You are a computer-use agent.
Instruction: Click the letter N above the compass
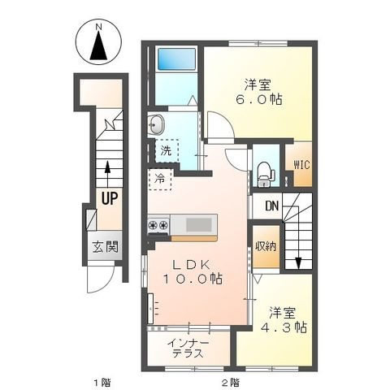[99, 27]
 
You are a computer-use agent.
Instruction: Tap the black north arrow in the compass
[99, 45]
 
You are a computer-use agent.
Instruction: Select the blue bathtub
[176, 59]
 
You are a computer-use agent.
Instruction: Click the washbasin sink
[156, 124]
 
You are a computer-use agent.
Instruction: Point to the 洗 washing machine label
[166, 150]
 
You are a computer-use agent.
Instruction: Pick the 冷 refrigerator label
[159, 179]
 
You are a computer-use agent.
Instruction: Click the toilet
[266, 175]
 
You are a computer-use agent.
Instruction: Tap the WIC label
[301, 164]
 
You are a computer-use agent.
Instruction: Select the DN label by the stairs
[272, 206]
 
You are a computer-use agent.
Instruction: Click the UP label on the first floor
[110, 198]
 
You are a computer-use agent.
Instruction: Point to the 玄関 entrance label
[105, 247]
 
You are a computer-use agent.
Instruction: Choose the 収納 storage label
[266, 246]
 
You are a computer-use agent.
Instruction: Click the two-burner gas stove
[158, 225]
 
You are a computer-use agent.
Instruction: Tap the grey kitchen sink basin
[199, 225]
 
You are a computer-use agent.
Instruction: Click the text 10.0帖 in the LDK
[193, 279]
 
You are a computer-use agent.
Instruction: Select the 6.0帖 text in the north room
[259, 100]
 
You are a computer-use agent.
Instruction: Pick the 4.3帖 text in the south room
[284, 327]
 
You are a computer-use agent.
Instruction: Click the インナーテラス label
[188, 349]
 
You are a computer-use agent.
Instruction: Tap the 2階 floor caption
[231, 383]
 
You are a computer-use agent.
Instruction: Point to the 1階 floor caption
[102, 383]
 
